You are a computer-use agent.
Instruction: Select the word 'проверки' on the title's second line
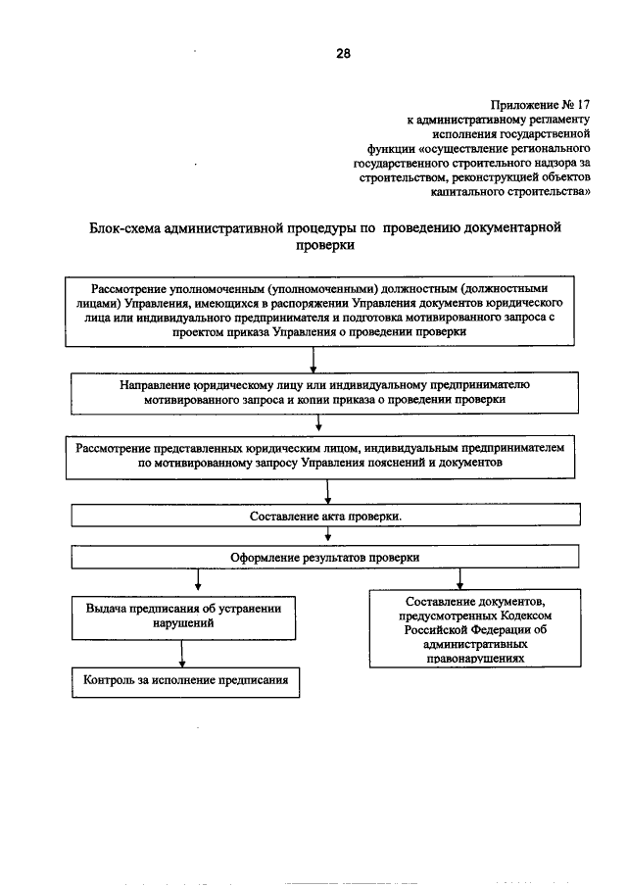pos(323,247)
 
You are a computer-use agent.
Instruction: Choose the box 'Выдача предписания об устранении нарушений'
pos(184,616)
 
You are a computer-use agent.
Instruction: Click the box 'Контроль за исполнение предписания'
pos(184,679)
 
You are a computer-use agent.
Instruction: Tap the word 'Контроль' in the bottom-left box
pos(111,679)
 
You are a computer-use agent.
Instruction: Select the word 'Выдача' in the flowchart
pos(107,608)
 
